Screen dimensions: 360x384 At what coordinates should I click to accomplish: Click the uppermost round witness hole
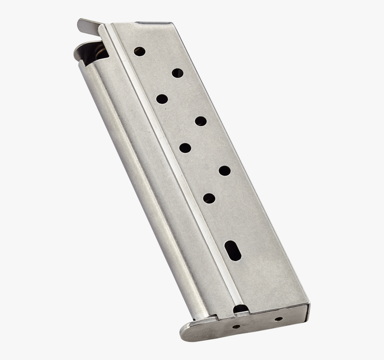(140, 52)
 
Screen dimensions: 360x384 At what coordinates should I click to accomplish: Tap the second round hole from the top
(177, 73)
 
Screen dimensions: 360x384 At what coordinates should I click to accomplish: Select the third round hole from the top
(162, 99)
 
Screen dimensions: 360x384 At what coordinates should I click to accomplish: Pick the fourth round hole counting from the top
(200, 121)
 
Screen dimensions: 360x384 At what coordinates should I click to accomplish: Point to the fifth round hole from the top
(185, 148)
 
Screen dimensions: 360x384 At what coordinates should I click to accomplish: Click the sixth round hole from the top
(224, 170)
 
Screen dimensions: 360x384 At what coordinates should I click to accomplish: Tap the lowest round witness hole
(209, 198)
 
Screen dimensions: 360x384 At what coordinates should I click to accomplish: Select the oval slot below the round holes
(234, 250)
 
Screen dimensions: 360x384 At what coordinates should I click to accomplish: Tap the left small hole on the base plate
(236, 326)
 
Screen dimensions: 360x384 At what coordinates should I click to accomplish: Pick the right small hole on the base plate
(279, 319)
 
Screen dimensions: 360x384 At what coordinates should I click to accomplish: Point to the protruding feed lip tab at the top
(88, 26)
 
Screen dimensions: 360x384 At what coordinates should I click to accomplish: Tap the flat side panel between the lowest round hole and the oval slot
(223, 223)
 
